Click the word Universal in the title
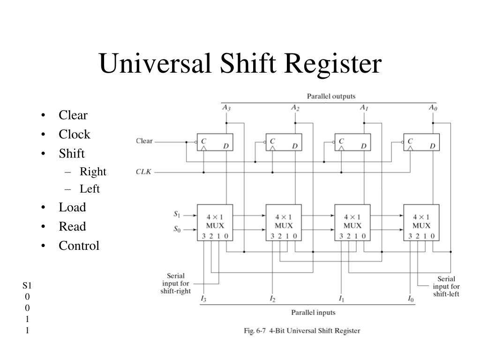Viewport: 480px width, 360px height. tap(155, 63)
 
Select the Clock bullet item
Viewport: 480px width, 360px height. tap(75, 135)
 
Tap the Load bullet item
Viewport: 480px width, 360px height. tap(72, 207)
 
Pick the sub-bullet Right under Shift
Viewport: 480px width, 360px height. tap(93, 172)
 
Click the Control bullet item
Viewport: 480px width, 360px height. tap(79, 246)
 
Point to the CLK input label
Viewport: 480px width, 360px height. tap(143, 172)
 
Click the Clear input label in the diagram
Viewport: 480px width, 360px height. tap(144, 141)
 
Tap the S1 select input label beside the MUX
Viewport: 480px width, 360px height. tap(177, 214)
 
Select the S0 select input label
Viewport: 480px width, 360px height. tap(177, 229)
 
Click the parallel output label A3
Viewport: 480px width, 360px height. tap(226, 108)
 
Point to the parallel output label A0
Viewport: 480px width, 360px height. tap(433, 108)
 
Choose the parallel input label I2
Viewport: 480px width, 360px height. tap(272, 299)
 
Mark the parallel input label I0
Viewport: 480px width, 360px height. tap(411, 299)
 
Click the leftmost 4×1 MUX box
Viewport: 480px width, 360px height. tap(215, 223)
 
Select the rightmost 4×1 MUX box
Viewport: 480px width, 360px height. tap(421, 223)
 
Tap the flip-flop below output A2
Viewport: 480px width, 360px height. tap(284, 142)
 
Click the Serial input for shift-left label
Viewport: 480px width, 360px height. tap(446, 286)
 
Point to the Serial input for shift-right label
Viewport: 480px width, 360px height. tap(176, 284)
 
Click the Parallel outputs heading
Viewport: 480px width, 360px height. tap(331, 96)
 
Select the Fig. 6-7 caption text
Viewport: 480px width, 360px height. tap(302, 330)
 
